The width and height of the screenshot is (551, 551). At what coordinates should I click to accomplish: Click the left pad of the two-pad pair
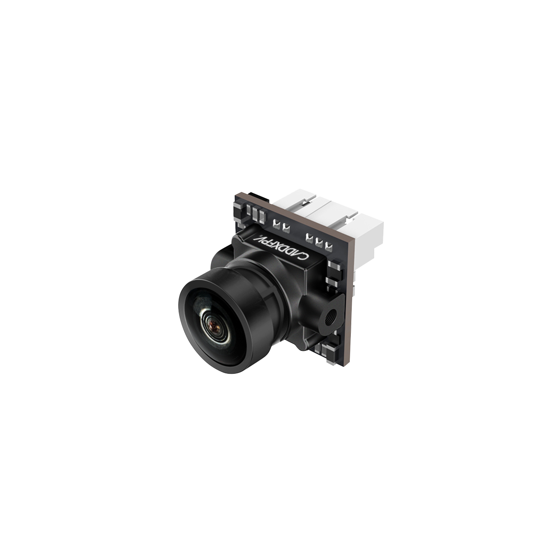277,223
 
